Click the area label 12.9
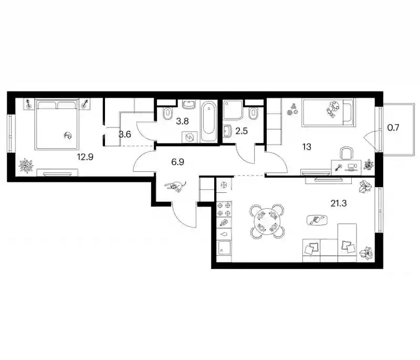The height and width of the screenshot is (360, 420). [85, 157]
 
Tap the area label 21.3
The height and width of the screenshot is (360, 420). [339, 203]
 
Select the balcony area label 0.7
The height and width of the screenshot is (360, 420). [393, 127]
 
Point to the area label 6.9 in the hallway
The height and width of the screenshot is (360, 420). [177, 162]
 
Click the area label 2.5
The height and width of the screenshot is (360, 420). [241, 131]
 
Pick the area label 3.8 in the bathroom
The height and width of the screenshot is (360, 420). [182, 121]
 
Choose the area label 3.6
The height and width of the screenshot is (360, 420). [125, 134]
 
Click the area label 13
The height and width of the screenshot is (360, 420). [307, 147]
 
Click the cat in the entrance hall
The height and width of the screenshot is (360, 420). [175, 186]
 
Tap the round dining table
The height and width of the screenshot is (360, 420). [267, 221]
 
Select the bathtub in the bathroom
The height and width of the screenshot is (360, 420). [208, 121]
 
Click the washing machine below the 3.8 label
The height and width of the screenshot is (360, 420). [190, 138]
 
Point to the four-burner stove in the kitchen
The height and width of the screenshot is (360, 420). [224, 209]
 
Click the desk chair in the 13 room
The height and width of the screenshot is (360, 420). [346, 153]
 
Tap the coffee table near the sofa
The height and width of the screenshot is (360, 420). [317, 220]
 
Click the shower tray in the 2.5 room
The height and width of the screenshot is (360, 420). [233, 109]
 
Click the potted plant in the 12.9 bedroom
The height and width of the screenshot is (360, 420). [26, 166]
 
